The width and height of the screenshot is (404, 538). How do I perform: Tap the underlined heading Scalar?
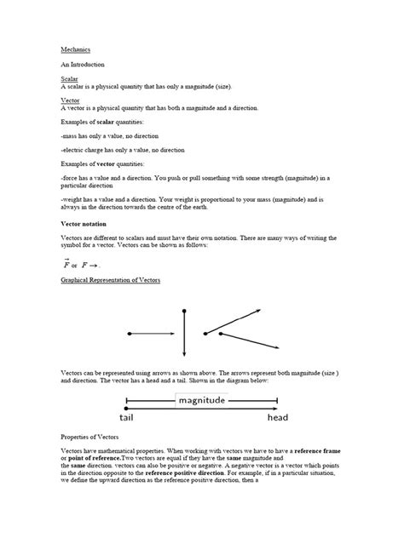coord(68,79)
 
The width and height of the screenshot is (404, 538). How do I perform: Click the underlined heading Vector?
coord(69,100)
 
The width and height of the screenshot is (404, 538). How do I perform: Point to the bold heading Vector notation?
coord(87,223)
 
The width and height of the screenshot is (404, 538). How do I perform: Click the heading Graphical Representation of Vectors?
coord(110,279)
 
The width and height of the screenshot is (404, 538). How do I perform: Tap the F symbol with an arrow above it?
coord(66,264)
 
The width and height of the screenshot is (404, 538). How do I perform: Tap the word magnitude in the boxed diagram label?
coord(201,400)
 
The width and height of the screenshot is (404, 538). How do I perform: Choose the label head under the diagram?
coord(277,418)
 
